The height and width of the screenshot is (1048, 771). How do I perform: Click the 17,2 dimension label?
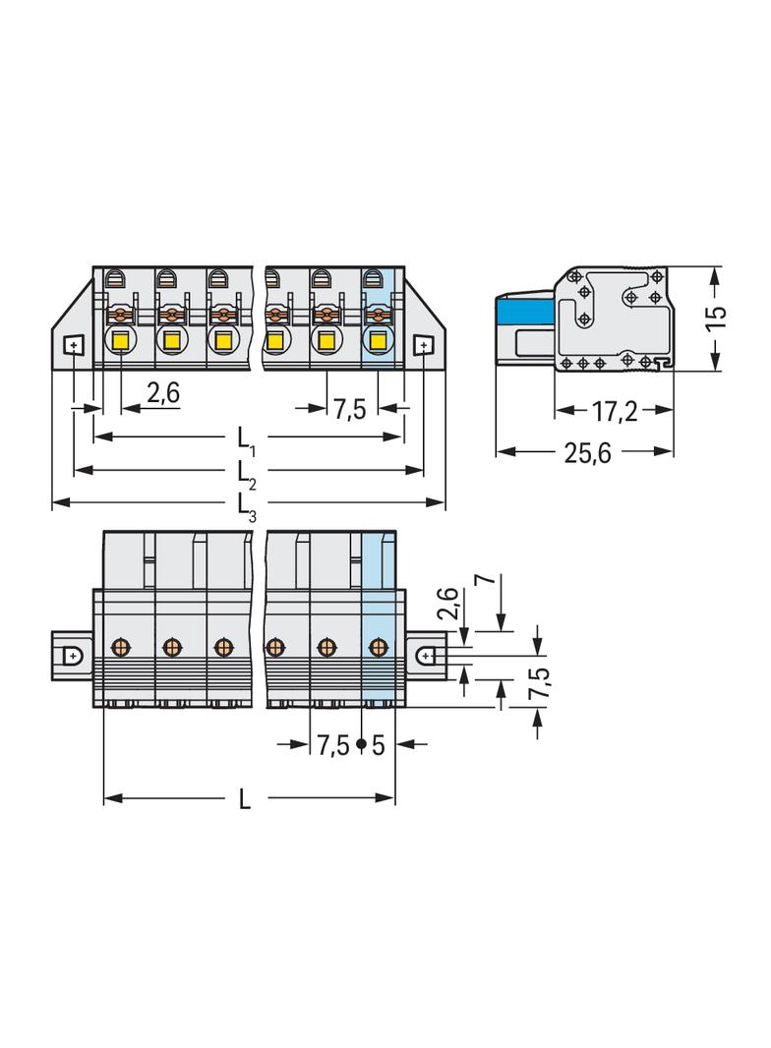[614, 412]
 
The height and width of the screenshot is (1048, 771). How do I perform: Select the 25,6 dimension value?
[588, 453]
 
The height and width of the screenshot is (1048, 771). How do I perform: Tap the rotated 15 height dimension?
[716, 317]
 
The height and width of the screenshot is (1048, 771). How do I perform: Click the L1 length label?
[246, 439]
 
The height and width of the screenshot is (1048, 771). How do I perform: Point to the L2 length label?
[246, 474]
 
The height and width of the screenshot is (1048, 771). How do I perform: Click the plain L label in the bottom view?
[245, 798]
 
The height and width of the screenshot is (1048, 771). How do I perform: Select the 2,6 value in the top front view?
[163, 393]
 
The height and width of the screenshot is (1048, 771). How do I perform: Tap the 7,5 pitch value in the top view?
[350, 409]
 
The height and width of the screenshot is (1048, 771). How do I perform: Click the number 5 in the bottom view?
[379, 744]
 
